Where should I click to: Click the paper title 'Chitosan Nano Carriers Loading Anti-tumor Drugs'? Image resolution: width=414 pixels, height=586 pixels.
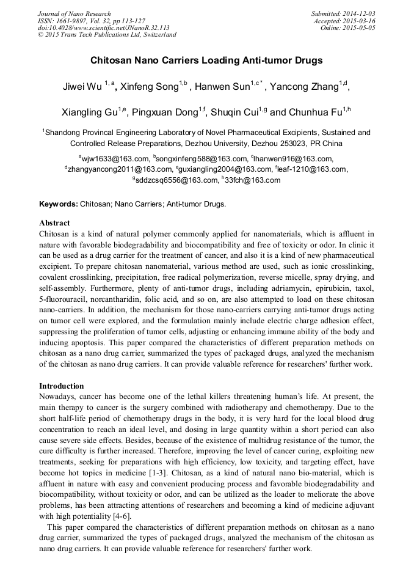[206, 61]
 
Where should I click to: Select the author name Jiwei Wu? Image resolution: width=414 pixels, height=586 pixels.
[82, 86]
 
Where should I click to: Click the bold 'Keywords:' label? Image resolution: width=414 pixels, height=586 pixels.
[59, 203]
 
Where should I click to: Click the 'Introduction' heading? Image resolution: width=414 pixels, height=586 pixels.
[62, 386]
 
